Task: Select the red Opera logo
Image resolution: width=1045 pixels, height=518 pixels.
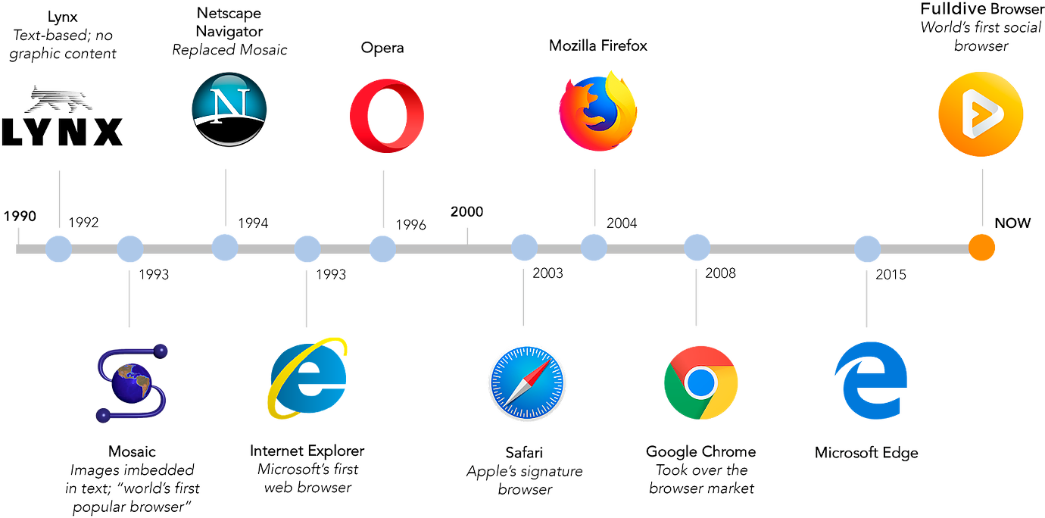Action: (386, 115)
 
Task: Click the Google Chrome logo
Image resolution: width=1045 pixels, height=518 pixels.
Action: (700, 382)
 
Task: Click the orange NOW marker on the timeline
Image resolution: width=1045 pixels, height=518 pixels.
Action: (982, 248)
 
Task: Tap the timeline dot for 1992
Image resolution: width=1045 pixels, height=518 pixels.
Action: (58, 248)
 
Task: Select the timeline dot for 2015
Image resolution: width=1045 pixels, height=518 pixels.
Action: (868, 249)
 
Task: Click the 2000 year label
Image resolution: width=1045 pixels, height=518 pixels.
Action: (467, 211)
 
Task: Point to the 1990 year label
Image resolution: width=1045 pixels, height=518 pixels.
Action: (20, 217)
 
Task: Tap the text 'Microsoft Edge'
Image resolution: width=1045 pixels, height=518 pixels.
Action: (866, 453)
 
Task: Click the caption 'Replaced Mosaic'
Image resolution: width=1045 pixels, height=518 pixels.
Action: (229, 51)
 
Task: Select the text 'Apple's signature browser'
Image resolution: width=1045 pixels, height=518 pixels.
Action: (524, 480)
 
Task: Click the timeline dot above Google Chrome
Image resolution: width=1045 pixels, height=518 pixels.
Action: (697, 248)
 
